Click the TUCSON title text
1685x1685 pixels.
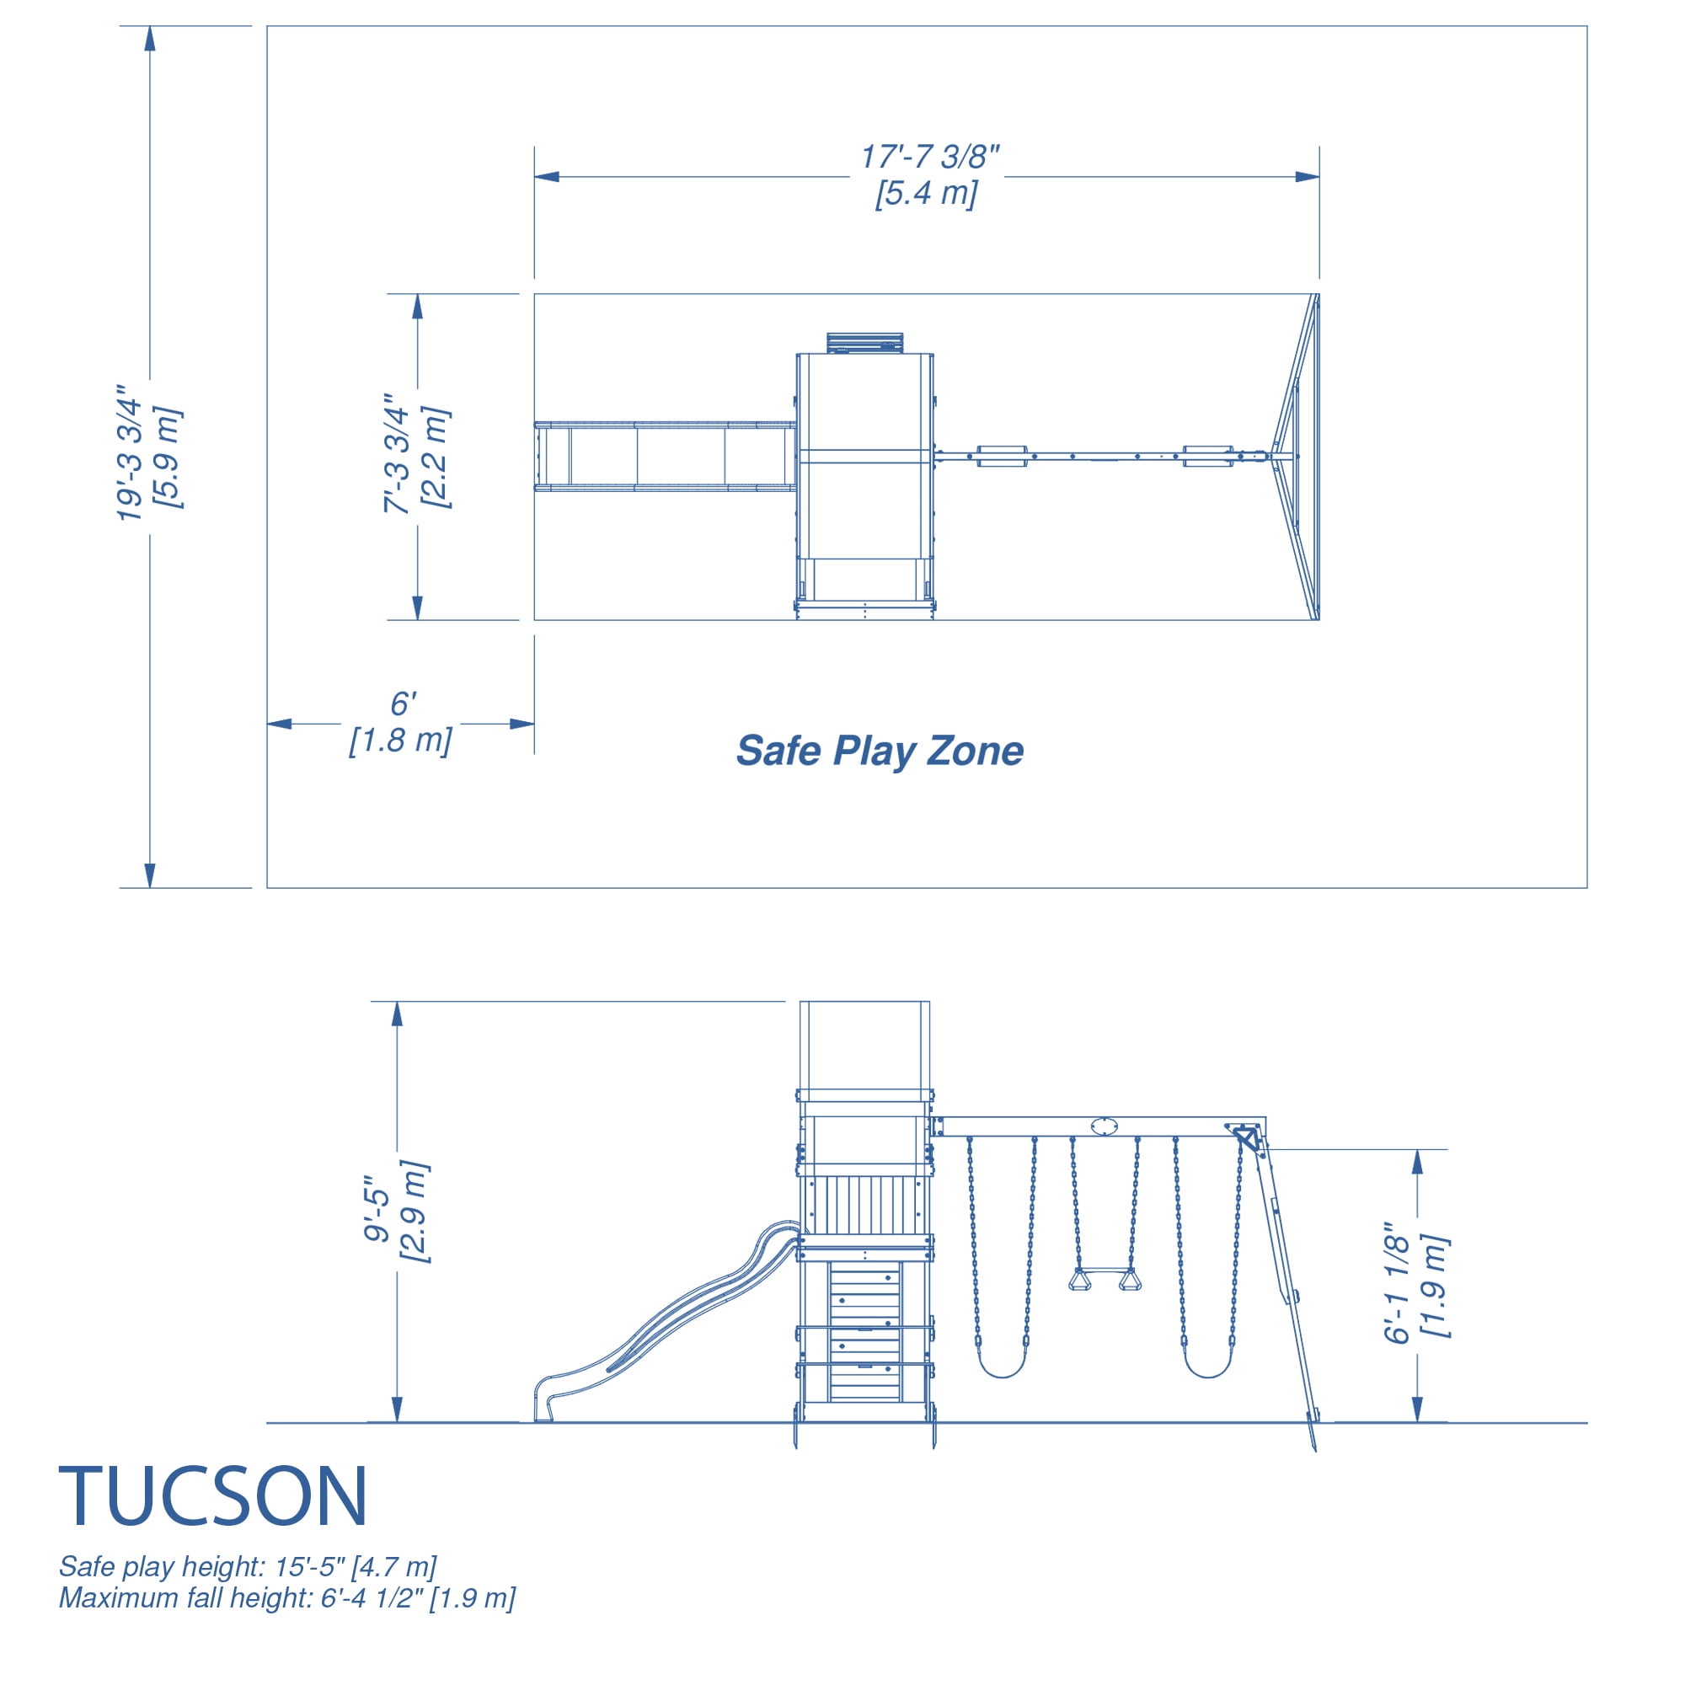point(213,1495)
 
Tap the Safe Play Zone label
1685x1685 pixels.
point(879,751)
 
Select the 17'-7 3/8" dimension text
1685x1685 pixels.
point(930,157)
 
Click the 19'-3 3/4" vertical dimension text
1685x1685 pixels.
point(130,453)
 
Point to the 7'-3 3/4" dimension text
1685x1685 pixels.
point(398,452)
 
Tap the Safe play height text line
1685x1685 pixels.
point(248,1566)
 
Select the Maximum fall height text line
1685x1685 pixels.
point(287,1597)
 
